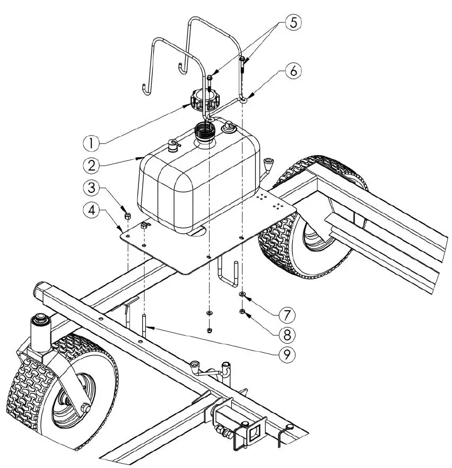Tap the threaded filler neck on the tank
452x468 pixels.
coord(203,131)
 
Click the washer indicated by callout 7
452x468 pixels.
coord(242,293)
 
